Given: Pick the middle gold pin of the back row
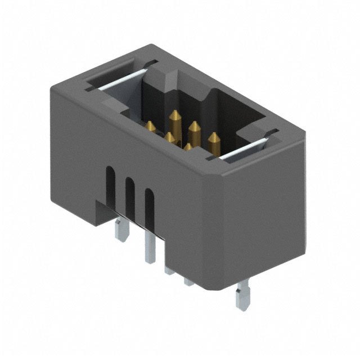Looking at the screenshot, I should click(x=195, y=130).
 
